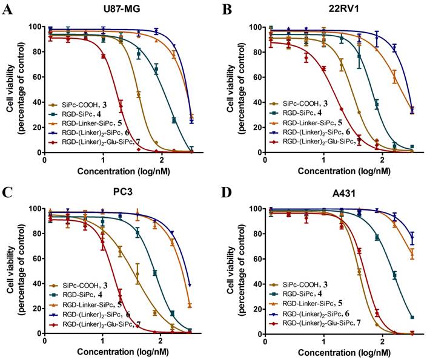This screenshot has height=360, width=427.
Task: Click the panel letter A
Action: pyautogui.click(x=8, y=10)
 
